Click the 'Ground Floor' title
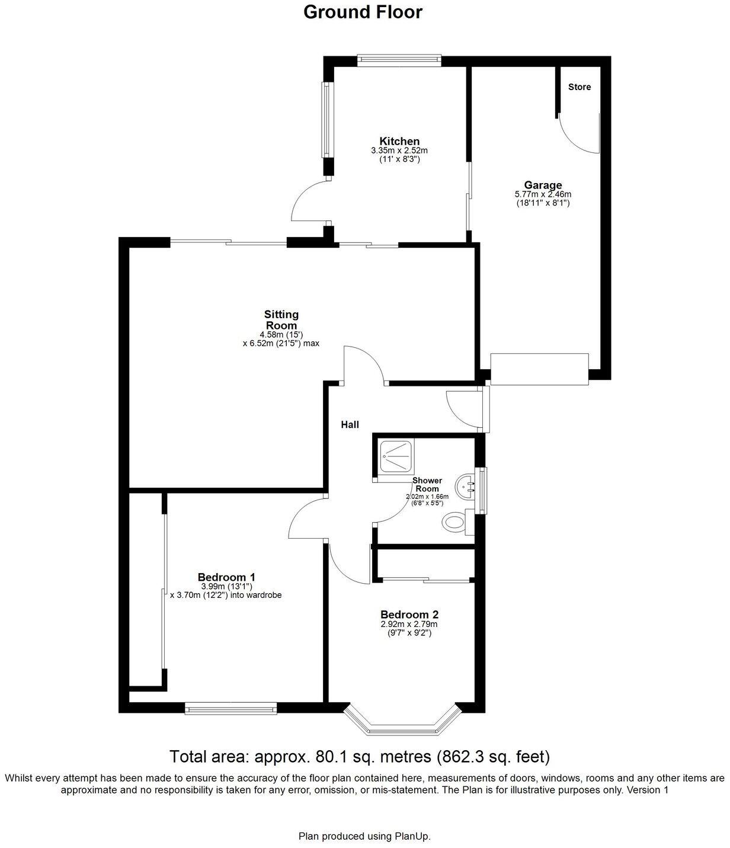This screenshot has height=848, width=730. tap(363, 12)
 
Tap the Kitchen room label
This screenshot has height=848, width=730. tap(399, 141)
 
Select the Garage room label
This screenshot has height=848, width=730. tap(543, 185)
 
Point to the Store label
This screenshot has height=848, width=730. tap(579, 87)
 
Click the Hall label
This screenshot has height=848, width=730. tap(350, 424)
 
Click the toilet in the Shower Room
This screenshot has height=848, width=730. tap(455, 522)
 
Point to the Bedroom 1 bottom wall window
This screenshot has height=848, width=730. tap(230, 708)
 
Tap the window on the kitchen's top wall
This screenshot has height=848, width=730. tap(399, 59)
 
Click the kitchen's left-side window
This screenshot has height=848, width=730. tap(326, 120)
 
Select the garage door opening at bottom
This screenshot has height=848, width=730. tap(539, 370)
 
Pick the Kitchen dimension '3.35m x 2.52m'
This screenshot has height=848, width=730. tap(399, 151)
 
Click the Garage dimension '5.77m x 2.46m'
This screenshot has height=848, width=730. tap(543, 194)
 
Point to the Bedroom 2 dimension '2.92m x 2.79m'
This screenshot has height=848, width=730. tap(409, 624)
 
